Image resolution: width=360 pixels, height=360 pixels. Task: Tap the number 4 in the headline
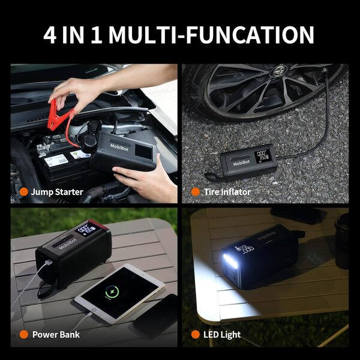(x=52, y=34)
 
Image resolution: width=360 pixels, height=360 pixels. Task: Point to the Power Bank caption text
(x=56, y=334)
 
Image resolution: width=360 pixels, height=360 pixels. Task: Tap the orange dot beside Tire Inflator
(x=195, y=192)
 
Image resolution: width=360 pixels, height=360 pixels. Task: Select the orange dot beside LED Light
(x=195, y=334)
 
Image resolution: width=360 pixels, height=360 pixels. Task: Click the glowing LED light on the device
(x=229, y=262)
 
